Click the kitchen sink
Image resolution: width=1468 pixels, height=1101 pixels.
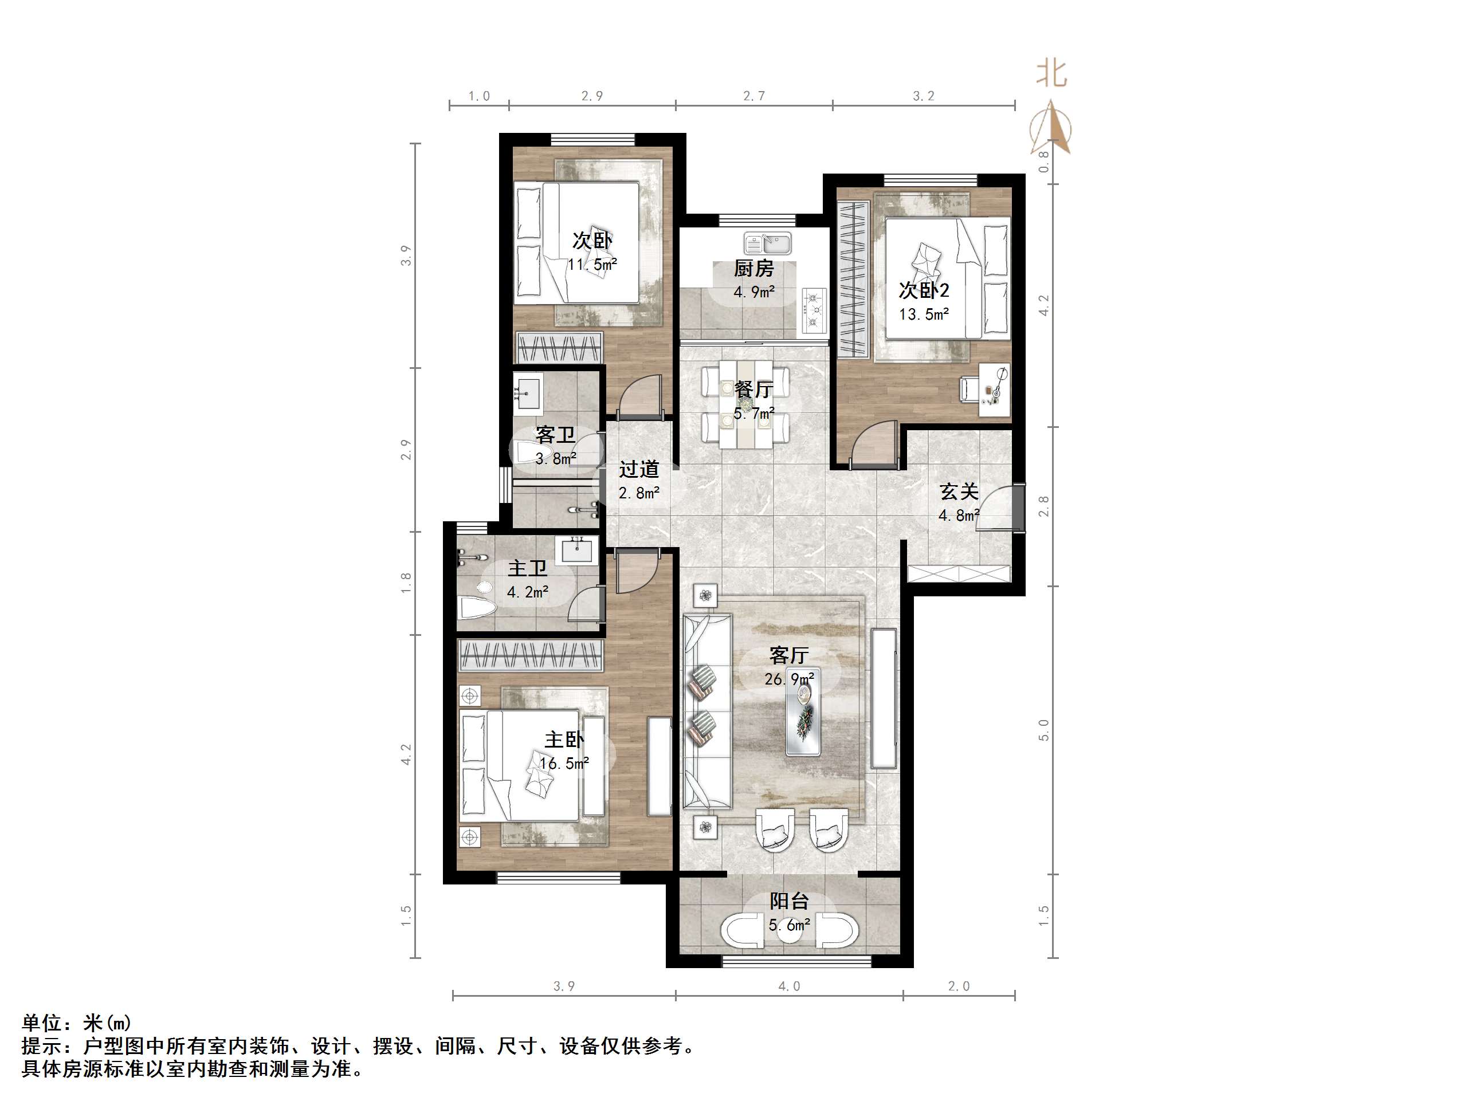pyautogui.click(x=768, y=243)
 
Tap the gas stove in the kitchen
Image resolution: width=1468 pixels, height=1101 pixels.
pyautogui.click(x=814, y=310)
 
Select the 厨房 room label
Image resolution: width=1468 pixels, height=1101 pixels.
pyautogui.click(x=754, y=269)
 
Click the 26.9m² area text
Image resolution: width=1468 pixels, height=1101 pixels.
pyautogui.click(x=789, y=679)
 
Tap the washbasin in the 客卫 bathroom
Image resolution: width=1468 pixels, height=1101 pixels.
pyautogui.click(x=528, y=390)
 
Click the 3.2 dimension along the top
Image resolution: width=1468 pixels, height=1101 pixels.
pyautogui.click(x=923, y=96)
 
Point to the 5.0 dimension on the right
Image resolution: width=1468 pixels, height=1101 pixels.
pyautogui.click(x=1044, y=730)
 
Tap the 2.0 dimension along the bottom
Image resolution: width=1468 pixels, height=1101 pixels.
pyautogui.click(x=959, y=986)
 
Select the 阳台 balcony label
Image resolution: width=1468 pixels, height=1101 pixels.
pyautogui.click(x=789, y=901)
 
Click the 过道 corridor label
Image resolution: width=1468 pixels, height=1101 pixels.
pyautogui.click(x=639, y=469)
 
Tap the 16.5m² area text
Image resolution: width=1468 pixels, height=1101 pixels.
pyautogui.click(x=564, y=763)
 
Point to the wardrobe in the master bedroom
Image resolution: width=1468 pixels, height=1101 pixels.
pyautogui.click(x=530, y=656)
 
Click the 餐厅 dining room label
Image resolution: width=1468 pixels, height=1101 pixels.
pyautogui.click(x=754, y=390)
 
